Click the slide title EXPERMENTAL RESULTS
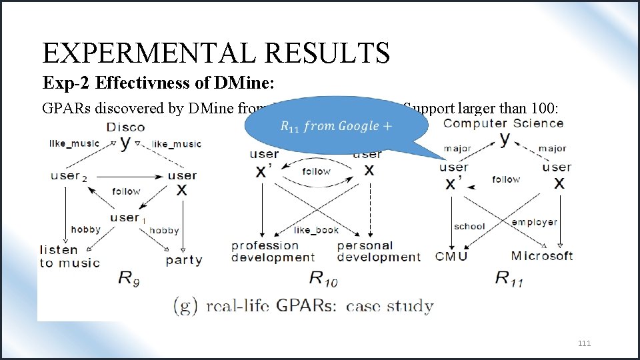tap(215, 53)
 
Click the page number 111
tap(584, 343)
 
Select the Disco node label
tap(125, 127)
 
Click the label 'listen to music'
tap(69, 256)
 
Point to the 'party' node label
tap(184, 260)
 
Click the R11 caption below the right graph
tap(509, 279)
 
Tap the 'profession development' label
tap(273, 251)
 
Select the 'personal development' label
tap(379, 251)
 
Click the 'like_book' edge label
tap(316, 230)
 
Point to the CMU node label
tap(451, 256)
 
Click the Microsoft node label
tap(541, 256)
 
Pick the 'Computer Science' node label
tap(503, 123)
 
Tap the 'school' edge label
tap(469, 226)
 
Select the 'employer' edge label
tap(534, 222)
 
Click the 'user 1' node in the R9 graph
tap(127, 218)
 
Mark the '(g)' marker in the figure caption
tap(184, 306)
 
